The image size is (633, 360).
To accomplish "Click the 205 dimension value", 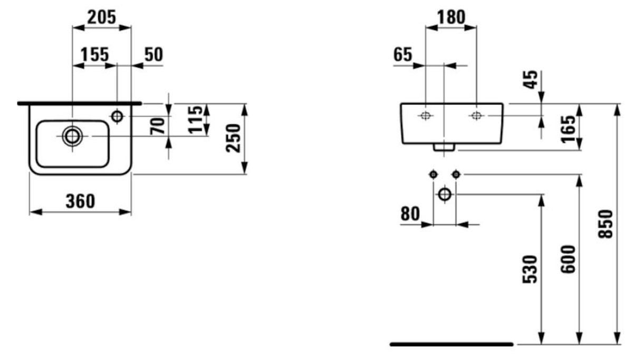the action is [x=101, y=17].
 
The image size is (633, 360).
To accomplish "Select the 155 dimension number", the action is [x=94, y=54].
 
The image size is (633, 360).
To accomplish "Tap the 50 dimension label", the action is [x=154, y=54].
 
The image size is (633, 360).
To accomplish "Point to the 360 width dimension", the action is [x=81, y=201].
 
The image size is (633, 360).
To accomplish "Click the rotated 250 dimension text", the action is [x=233, y=138].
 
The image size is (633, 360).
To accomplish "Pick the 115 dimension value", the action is [x=195, y=119].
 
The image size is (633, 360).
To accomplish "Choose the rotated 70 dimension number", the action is [x=157, y=126].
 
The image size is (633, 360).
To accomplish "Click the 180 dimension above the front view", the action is [x=452, y=17].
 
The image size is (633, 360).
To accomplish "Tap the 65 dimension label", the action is [x=403, y=54].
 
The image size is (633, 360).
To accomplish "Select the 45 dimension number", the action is [x=531, y=80].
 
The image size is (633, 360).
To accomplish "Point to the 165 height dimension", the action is [x=568, y=129].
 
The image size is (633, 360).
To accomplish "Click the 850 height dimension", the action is [x=606, y=224].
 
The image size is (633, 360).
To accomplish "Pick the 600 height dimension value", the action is [x=568, y=259].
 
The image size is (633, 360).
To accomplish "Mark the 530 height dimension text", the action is [x=529, y=269].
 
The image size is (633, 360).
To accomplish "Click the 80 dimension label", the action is [x=410, y=214].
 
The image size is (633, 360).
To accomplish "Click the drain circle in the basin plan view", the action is [x=72, y=136].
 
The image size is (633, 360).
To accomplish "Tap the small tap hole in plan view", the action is [x=117, y=116].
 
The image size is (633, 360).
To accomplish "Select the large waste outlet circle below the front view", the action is [x=445, y=194].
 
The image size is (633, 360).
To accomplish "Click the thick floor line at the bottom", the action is [x=452, y=344].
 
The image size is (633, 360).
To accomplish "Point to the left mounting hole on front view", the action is [x=425, y=115].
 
